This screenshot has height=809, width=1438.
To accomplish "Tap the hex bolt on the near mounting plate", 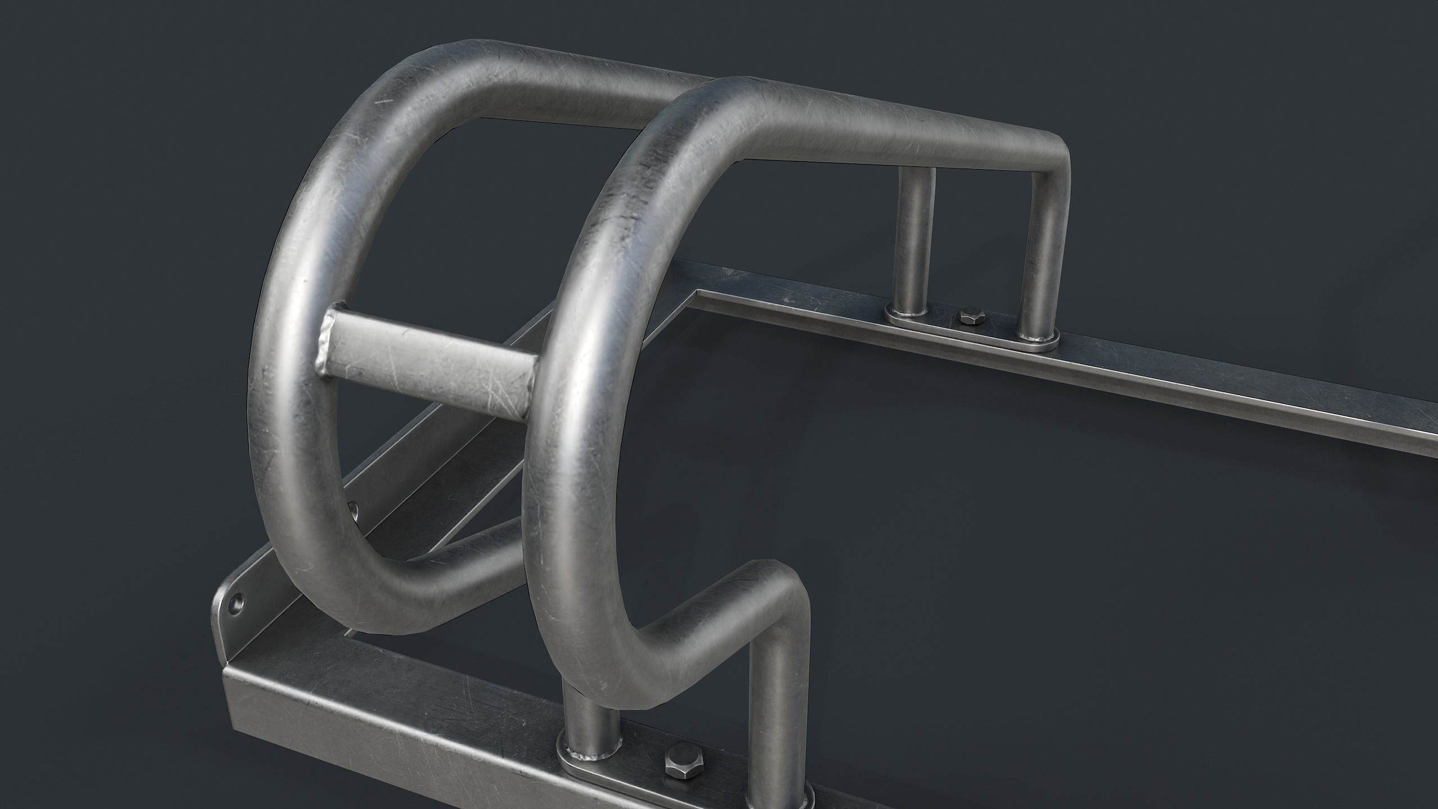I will (x=676, y=762).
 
